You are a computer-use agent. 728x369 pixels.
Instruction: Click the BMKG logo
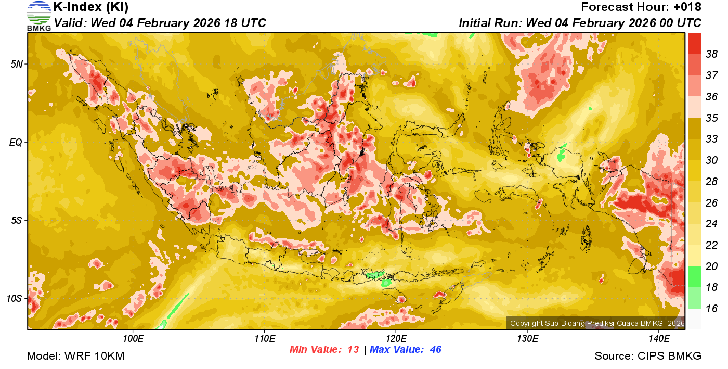pyautogui.click(x=39, y=16)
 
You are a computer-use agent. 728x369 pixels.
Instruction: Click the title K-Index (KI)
pyautogui.click(x=91, y=7)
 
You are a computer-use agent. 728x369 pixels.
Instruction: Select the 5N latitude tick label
pyautogui.click(x=17, y=64)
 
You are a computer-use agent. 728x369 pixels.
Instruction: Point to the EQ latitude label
pyautogui.click(x=16, y=142)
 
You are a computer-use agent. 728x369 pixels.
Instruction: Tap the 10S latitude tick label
pyautogui.click(x=15, y=299)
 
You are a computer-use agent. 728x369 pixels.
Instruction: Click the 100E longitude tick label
pyautogui.click(x=134, y=339)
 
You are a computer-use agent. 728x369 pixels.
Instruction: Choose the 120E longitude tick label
pyautogui.click(x=396, y=339)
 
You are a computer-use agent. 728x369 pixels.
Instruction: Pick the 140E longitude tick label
pyautogui.click(x=659, y=339)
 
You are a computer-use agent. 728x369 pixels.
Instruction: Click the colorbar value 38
pyautogui.click(x=711, y=54)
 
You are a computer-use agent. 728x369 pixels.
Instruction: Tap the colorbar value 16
pyautogui.click(x=711, y=309)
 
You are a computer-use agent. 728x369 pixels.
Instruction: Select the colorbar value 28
pyautogui.click(x=711, y=181)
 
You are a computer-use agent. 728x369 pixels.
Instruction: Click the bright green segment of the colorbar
pyautogui.click(x=695, y=276)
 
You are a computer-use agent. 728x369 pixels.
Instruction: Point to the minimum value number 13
pyautogui.click(x=353, y=350)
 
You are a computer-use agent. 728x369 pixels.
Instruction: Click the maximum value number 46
pyautogui.click(x=435, y=350)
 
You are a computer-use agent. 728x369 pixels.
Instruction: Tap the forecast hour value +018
pyautogui.click(x=687, y=7)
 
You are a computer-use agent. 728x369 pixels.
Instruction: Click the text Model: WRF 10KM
pyautogui.click(x=75, y=356)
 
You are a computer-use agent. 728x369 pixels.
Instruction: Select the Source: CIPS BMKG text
pyautogui.click(x=648, y=356)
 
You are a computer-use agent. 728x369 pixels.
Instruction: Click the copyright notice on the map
pyautogui.click(x=597, y=323)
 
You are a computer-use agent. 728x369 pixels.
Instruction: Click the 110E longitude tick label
pyautogui.click(x=265, y=339)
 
